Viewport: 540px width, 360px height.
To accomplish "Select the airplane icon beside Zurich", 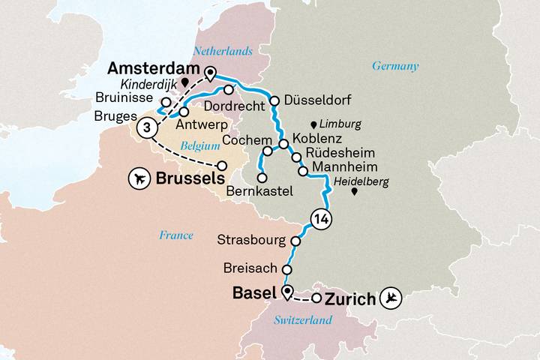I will click(x=391, y=298).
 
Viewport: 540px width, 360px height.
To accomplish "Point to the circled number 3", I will click(x=148, y=129).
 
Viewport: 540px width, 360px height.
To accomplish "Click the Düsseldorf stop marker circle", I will click(x=274, y=100).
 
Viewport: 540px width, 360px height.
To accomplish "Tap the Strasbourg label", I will click(x=250, y=241).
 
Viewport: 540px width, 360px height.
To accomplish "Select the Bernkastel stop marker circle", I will click(x=262, y=178).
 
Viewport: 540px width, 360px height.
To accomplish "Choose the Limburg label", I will click(x=340, y=124).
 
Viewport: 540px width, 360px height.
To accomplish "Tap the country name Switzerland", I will click(x=304, y=320).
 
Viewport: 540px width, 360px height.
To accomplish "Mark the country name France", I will click(x=175, y=235).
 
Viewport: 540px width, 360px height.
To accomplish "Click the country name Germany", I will click(x=395, y=66).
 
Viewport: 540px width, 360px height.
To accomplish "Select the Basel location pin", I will click(x=286, y=292).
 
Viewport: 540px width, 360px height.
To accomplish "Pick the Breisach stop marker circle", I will click(x=286, y=268).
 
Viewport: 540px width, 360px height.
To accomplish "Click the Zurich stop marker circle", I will click(x=316, y=298).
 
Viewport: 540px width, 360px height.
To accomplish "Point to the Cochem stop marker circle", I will click(x=267, y=151).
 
